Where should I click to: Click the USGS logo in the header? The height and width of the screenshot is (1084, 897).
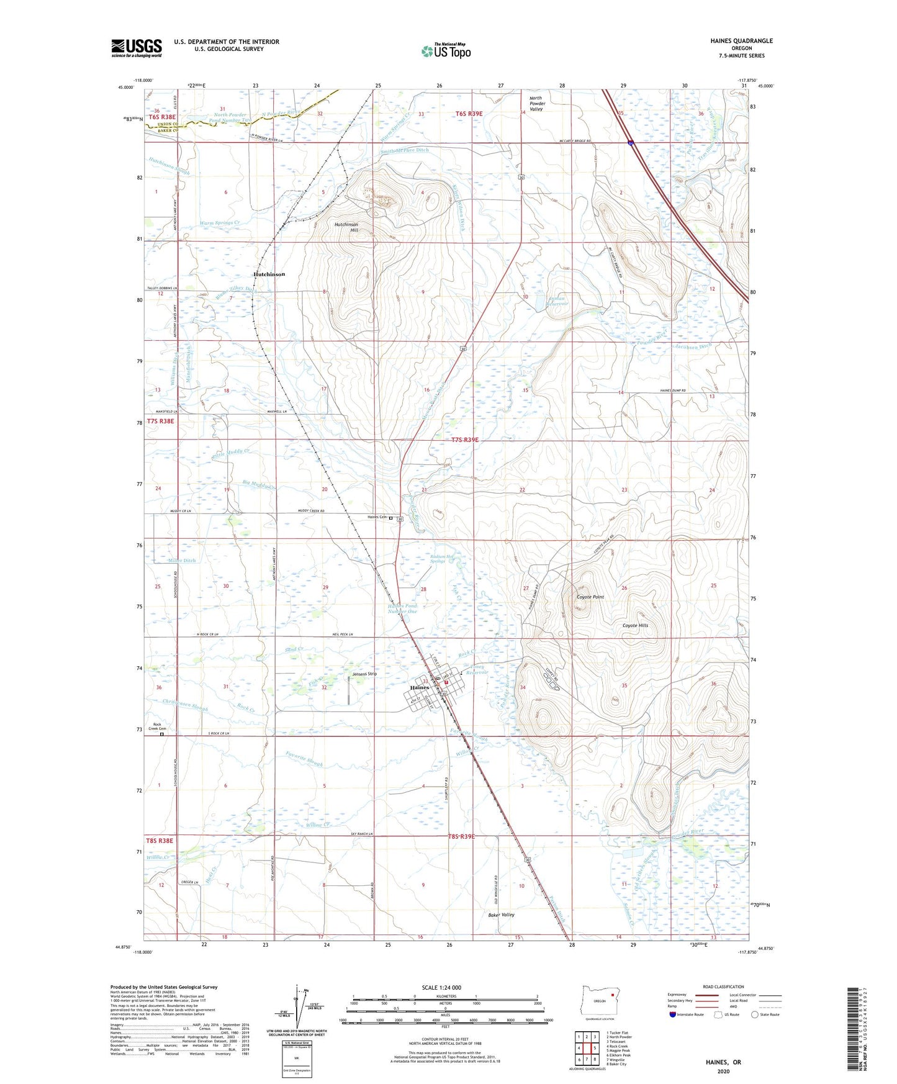pyautogui.click(x=137, y=48)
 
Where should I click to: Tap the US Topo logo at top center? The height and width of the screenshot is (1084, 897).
pyautogui.click(x=446, y=51)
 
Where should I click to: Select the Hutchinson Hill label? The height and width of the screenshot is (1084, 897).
pyautogui.click(x=346, y=227)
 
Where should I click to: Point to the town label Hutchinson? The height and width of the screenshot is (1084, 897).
pyautogui.click(x=269, y=274)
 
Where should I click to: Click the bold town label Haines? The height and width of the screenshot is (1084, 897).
pyautogui.click(x=420, y=688)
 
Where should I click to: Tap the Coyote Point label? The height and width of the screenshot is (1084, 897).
pyautogui.click(x=590, y=597)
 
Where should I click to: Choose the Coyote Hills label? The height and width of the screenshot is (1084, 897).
pyautogui.click(x=635, y=625)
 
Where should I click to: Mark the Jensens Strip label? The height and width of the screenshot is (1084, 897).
pyautogui.click(x=364, y=674)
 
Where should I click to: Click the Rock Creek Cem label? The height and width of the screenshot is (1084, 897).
pyautogui.click(x=162, y=726)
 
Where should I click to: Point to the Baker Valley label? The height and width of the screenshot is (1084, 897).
pyautogui.click(x=501, y=915)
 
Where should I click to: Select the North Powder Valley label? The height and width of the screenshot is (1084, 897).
pyautogui.click(x=536, y=103)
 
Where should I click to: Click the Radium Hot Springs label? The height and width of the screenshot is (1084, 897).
pyautogui.click(x=441, y=559)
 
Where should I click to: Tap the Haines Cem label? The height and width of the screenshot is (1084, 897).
pyautogui.click(x=377, y=517)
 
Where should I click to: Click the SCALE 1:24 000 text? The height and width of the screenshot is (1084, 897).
pyautogui.click(x=445, y=987)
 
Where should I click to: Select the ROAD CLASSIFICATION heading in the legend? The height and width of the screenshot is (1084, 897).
pyautogui.click(x=723, y=987)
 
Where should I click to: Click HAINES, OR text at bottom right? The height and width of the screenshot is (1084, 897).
pyautogui.click(x=723, y=1062)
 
